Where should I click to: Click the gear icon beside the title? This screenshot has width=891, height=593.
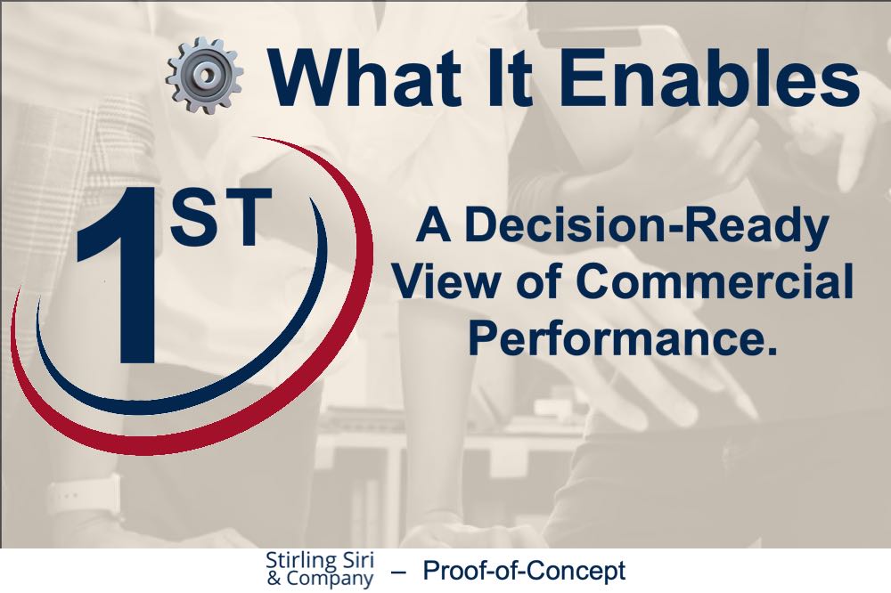click(x=205, y=75)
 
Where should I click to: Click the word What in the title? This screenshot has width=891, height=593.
click(x=364, y=77)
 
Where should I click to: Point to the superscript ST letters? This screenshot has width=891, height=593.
click(x=220, y=217)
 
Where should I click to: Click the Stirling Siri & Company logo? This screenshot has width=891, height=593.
click(x=321, y=569)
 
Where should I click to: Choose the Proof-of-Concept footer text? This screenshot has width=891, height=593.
click(x=524, y=570)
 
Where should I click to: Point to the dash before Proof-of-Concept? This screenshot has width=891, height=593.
click(x=398, y=572)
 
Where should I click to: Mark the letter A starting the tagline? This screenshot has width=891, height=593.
click(x=434, y=224)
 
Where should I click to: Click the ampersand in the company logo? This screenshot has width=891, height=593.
click(x=274, y=579)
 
